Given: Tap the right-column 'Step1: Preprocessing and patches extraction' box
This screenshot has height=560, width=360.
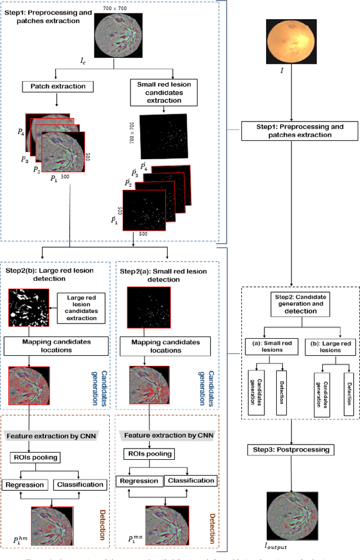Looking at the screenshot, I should (x=292, y=131).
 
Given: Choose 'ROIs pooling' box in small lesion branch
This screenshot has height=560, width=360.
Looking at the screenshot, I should (x=147, y=453).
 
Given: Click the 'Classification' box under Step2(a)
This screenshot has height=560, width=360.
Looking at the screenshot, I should (x=191, y=481).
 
